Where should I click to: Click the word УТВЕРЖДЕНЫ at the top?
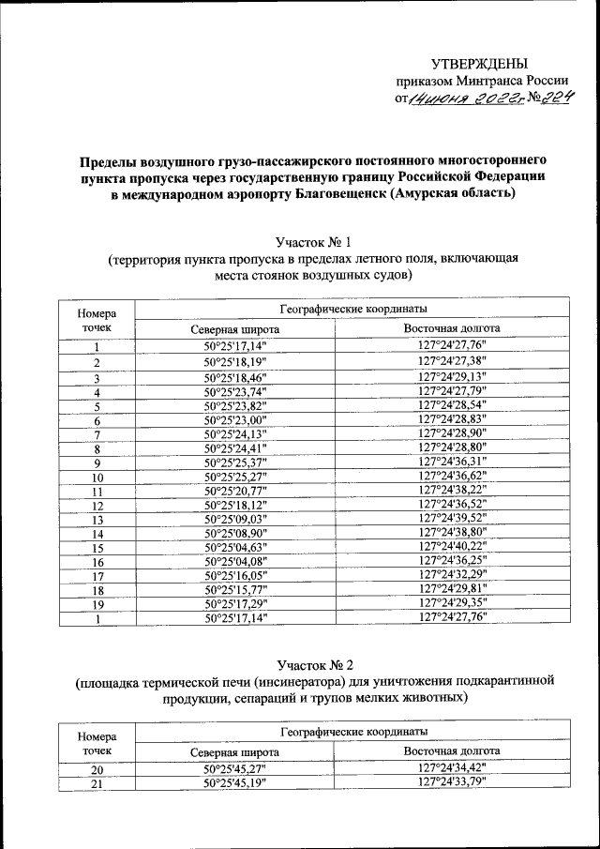tap(478, 63)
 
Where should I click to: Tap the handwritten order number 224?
tap(553, 97)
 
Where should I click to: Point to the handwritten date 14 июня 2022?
tap(459, 98)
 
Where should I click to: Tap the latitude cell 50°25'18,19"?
tap(234, 361)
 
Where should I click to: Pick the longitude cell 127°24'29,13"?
tap(452, 376)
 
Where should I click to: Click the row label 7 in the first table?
tap(96, 433)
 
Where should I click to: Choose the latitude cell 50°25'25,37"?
tap(234, 462)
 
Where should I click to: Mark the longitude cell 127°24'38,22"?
tap(452, 491)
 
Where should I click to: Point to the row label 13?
tap(96, 520)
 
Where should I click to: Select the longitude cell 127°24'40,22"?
tap(452, 548)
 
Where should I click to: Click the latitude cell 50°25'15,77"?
tap(234, 591)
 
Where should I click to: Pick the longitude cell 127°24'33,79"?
tap(452, 784)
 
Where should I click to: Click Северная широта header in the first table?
tap(234, 330)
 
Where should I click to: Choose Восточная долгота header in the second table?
tap(452, 751)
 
